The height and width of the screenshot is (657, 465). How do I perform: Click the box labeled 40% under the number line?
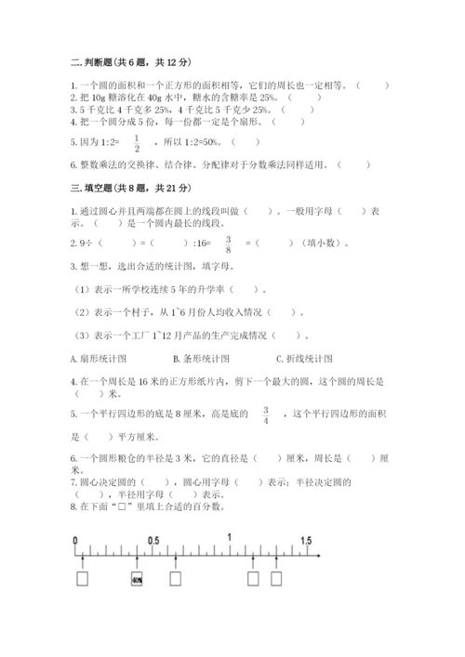pyautogui.click(x=137, y=579)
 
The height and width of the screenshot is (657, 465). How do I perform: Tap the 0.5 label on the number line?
pyautogui.click(x=153, y=540)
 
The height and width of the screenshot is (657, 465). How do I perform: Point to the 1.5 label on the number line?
pyautogui.click(x=306, y=540)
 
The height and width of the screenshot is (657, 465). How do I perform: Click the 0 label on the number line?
pyautogui.click(x=73, y=540)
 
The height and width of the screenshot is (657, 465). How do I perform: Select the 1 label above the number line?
pyautogui.click(x=229, y=538)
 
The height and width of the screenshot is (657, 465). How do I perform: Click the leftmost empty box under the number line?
pyautogui.click(x=84, y=579)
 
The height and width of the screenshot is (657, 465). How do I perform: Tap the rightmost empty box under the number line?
pyautogui.click(x=276, y=579)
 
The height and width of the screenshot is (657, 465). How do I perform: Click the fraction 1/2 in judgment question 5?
pyautogui.click(x=136, y=142)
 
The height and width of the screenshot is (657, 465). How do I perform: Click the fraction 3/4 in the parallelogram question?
pyautogui.click(x=266, y=414)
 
